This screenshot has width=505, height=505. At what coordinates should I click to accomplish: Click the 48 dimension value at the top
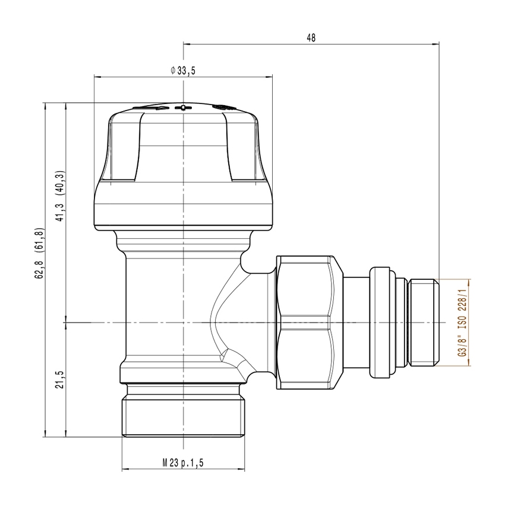(311, 37)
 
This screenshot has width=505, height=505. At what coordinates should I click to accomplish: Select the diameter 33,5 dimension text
(183, 71)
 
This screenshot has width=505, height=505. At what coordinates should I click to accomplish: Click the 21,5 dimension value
(59, 379)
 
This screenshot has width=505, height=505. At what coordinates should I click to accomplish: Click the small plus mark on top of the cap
(184, 108)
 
